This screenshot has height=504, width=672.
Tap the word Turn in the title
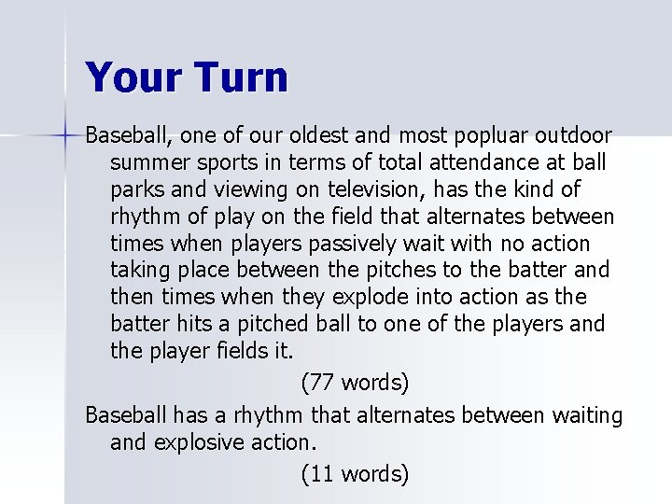point(241,77)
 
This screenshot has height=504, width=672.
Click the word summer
point(146,163)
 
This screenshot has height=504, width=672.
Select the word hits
point(192,325)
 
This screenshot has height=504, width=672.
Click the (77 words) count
point(355,383)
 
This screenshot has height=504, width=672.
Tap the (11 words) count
point(355,474)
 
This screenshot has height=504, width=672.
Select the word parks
point(136,190)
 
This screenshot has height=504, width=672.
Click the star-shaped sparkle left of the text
point(65,136)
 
